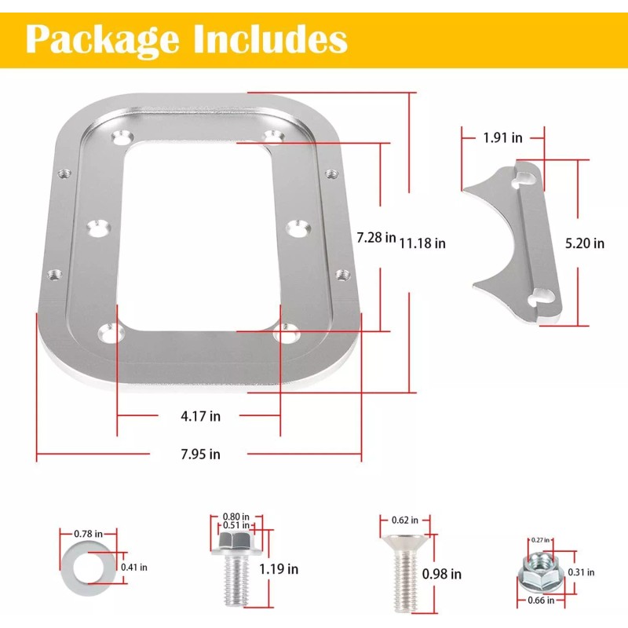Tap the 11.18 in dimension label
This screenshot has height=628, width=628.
click(x=422, y=243)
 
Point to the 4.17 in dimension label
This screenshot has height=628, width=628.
click(x=200, y=416)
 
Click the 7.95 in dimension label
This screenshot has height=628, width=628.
click(x=200, y=454)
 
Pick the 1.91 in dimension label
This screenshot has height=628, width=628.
click(x=502, y=137)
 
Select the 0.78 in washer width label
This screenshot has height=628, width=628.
click(x=83, y=534)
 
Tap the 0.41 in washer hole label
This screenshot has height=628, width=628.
click(x=133, y=567)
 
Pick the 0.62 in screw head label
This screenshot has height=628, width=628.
click(x=404, y=520)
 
